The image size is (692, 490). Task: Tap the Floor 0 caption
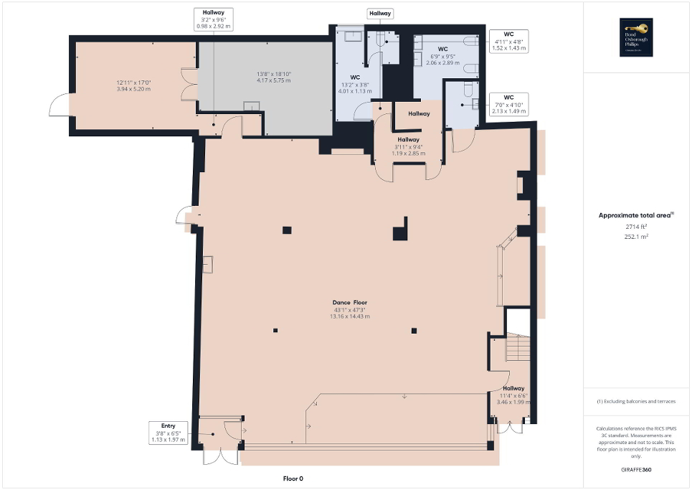point(293,479)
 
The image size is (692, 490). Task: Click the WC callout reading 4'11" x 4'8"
point(508,41)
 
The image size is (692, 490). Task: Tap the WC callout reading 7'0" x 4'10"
point(508,104)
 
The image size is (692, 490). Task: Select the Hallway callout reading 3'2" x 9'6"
point(214,19)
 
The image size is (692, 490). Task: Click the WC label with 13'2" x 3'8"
point(355,83)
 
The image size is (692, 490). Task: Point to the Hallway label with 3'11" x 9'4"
point(408,146)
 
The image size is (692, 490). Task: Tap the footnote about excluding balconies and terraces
point(637,401)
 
